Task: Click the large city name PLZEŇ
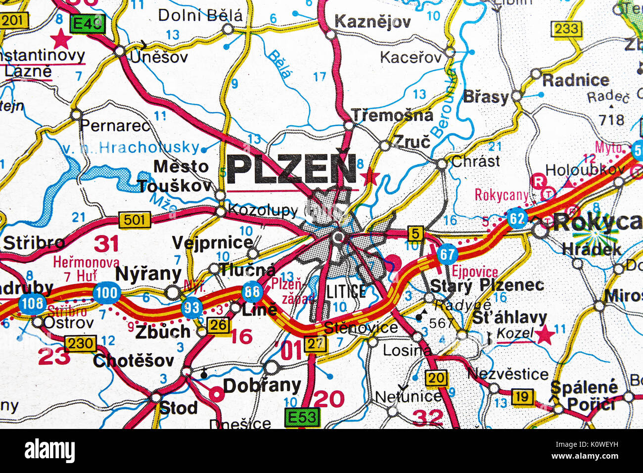[292, 170]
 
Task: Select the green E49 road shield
[88, 23]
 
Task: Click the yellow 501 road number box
[134, 219]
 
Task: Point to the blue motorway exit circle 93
[192, 308]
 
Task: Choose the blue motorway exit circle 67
[447, 254]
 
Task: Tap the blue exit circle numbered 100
[106, 292]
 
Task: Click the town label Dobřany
[262, 385]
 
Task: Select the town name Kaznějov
[372, 22]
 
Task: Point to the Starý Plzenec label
[487, 285]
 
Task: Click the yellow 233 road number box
[566, 29]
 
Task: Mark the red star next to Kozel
[545, 335]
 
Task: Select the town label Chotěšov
[134, 360]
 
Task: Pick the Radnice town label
[576, 80]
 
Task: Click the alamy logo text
[49, 451]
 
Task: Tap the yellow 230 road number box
[81, 343]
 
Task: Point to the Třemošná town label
[392, 115]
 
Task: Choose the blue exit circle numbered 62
[517, 218]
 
